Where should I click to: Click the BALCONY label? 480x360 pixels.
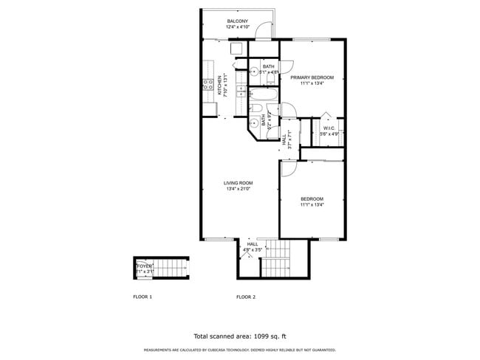pyautogui.click(x=237, y=21)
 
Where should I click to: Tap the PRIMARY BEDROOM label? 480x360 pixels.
pyautogui.click(x=312, y=77)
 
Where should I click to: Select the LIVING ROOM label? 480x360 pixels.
pyautogui.click(x=239, y=183)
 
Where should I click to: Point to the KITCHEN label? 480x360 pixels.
pyautogui.click(x=219, y=88)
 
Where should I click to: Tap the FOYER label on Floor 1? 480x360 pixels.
pyautogui.click(x=145, y=266)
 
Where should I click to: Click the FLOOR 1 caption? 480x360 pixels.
pyautogui.click(x=143, y=297)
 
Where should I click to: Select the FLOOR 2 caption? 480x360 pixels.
pyautogui.click(x=246, y=297)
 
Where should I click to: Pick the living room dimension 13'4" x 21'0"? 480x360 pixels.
pyautogui.click(x=239, y=190)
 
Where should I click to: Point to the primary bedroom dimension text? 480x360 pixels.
pyautogui.click(x=312, y=84)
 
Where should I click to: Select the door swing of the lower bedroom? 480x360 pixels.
pyautogui.click(x=288, y=167)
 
